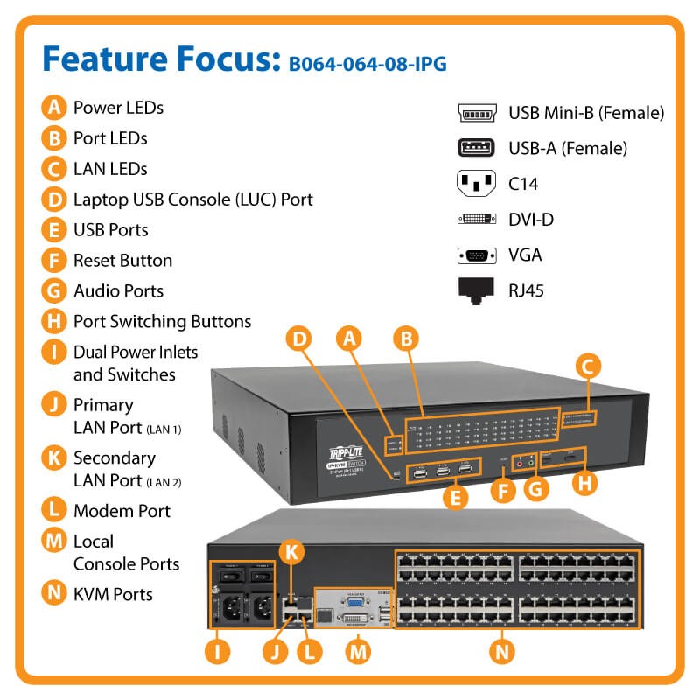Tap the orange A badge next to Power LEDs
pos(54,108)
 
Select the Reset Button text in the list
pos(122,260)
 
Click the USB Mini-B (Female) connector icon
pos(478,114)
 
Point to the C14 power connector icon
pos(478,184)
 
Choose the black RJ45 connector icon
pos(478,290)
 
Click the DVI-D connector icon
pos(478,220)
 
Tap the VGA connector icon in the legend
pos(478,255)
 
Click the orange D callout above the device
pos(300,338)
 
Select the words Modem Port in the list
pos(122,510)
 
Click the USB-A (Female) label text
pos(568,149)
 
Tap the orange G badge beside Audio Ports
pos(54,290)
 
